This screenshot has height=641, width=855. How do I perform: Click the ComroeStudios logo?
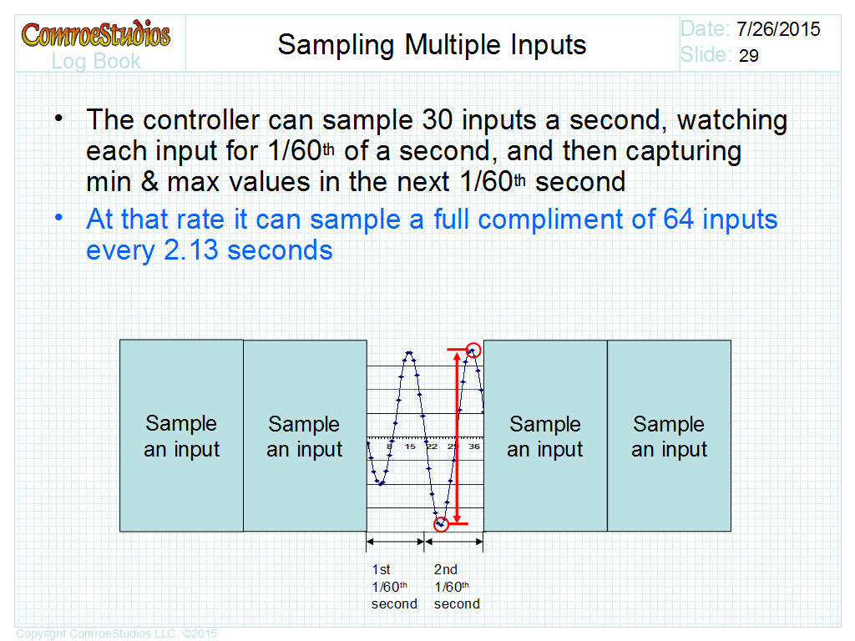pyautogui.click(x=96, y=33)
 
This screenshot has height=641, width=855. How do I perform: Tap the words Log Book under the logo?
pyautogui.click(x=96, y=62)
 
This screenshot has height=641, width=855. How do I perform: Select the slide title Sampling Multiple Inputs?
pyautogui.click(x=432, y=45)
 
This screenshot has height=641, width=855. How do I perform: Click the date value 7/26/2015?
pyautogui.click(x=778, y=29)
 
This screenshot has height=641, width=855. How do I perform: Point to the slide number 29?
pyautogui.click(x=749, y=56)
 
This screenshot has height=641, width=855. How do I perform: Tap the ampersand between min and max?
pyautogui.click(x=149, y=181)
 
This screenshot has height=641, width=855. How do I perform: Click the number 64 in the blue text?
pyautogui.click(x=678, y=220)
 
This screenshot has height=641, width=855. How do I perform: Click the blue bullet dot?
pyautogui.click(x=59, y=218)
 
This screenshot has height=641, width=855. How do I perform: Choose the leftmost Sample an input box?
pyautogui.click(x=181, y=436)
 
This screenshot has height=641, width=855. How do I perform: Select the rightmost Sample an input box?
pyautogui.click(x=669, y=436)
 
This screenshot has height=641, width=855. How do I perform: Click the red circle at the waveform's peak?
pyautogui.click(x=473, y=343)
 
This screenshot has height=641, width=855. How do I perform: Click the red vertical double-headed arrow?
pyautogui.click(x=457, y=436)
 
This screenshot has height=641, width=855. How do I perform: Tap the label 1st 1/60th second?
pyautogui.click(x=394, y=587)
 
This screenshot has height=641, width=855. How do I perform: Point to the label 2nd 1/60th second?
pyautogui.click(x=457, y=587)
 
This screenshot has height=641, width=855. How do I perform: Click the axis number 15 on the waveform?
pyautogui.click(x=410, y=447)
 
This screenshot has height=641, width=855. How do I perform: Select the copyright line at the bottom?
pyautogui.click(x=117, y=633)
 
